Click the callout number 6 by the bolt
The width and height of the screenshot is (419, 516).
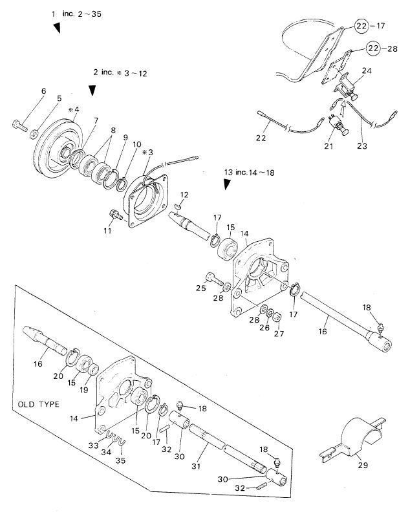[x=44, y=91]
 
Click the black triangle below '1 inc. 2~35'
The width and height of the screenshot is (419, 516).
[x=58, y=27]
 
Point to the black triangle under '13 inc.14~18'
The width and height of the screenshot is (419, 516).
[x=227, y=185]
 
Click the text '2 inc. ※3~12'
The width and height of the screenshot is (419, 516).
[x=120, y=73]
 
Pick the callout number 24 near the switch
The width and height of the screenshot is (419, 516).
[x=367, y=70]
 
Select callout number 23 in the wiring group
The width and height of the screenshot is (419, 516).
[x=362, y=146]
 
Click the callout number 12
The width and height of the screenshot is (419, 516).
[x=184, y=195]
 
